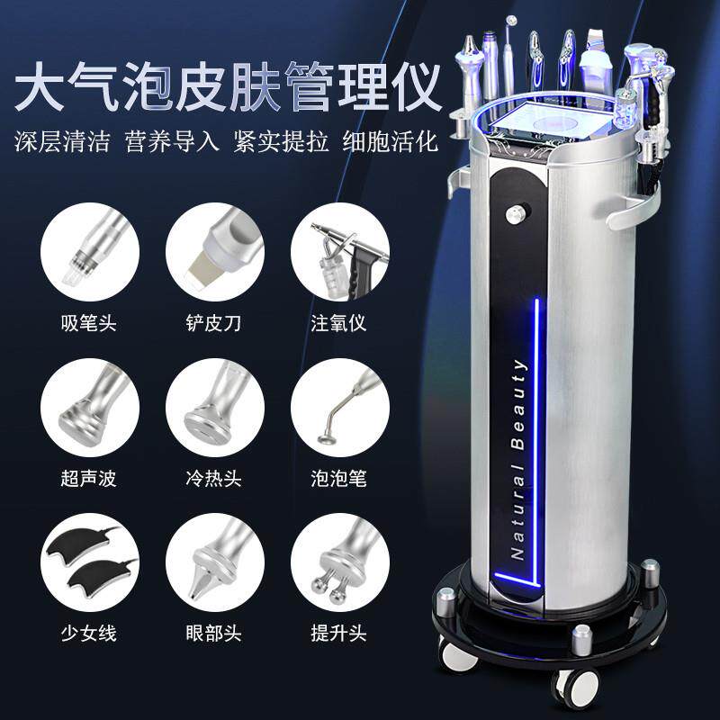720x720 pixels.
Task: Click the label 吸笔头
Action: tap(90, 321)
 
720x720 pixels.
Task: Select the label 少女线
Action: tap(90, 633)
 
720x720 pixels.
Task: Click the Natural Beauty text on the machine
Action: tap(518, 459)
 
